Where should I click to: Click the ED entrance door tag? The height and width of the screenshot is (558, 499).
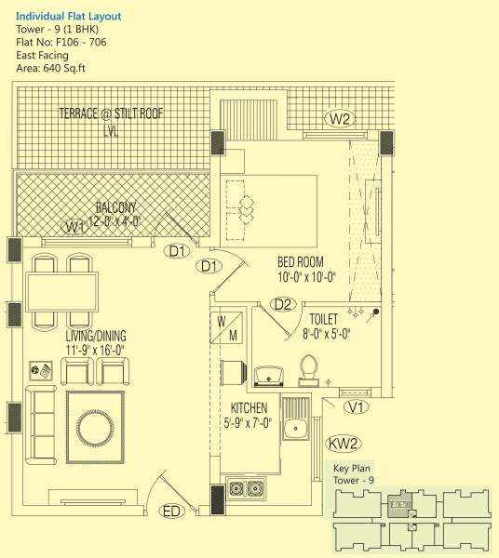(x=172, y=511)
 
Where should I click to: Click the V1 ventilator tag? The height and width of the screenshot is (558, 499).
(x=355, y=406)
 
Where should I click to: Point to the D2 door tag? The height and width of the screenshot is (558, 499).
(x=284, y=304)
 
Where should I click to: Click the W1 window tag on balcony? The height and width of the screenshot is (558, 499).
(x=74, y=227)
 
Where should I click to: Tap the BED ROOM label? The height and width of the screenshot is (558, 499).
(x=305, y=262)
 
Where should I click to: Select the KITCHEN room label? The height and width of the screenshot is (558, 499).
(x=249, y=408)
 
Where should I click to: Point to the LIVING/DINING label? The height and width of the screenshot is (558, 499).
(x=96, y=336)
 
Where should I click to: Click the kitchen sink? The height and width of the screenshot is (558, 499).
(x=297, y=428)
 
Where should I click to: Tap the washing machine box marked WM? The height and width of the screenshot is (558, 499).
(x=227, y=327)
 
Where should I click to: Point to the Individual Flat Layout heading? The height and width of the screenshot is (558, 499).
(x=68, y=16)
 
